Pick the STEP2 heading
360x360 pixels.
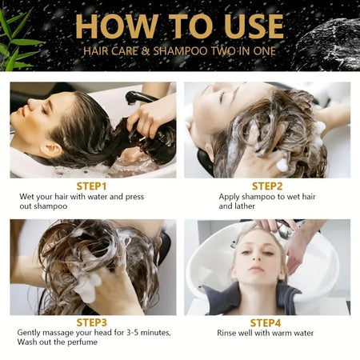(266, 186)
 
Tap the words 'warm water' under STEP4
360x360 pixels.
(291, 333)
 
